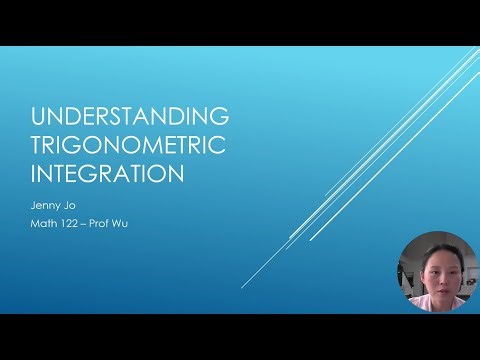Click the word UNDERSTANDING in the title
pos(131,115)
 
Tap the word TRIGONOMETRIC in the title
pos(128,144)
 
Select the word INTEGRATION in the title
pos(108,173)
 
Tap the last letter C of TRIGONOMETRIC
pos(218,144)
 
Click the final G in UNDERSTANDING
pos(221,115)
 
